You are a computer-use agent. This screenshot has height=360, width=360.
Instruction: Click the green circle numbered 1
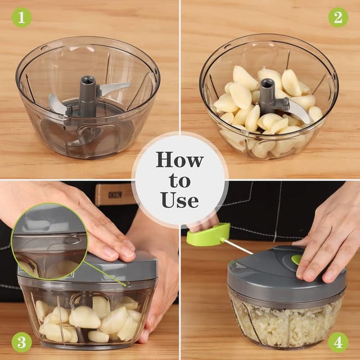[x=21, y=17]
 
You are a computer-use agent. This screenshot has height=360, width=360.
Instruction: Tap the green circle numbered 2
[x=338, y=17]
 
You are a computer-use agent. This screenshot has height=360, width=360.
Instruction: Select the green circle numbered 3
[x=21, y=342]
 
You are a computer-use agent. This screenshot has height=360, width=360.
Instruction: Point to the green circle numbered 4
[x=338, y=342]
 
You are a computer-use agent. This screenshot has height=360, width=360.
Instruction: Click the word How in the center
[x=179, y=160]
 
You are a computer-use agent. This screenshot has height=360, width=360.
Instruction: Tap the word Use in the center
[x=179, y=200]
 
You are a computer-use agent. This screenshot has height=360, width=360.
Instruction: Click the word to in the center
[x=179, y=181]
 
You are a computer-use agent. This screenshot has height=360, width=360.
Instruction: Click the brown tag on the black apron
[x=115, y=194]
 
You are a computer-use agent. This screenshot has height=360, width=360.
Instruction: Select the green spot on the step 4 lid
[x=296, y=259]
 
